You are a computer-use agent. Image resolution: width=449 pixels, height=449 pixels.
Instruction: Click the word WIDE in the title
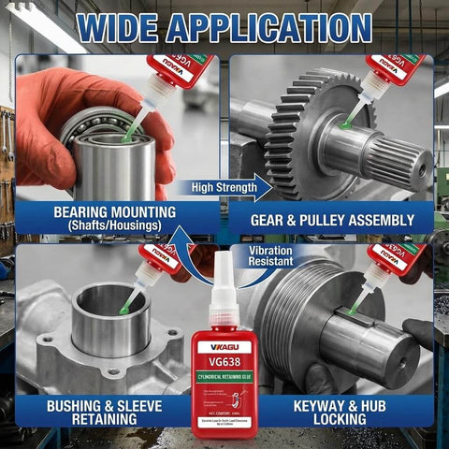pyautogui.click(x=123, y=28)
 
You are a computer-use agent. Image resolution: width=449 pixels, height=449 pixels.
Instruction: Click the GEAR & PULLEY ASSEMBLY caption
pyautogui.click(x=332, y=221)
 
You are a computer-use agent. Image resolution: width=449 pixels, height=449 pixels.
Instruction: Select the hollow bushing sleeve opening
pyautogui.click(x=109, y=304)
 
